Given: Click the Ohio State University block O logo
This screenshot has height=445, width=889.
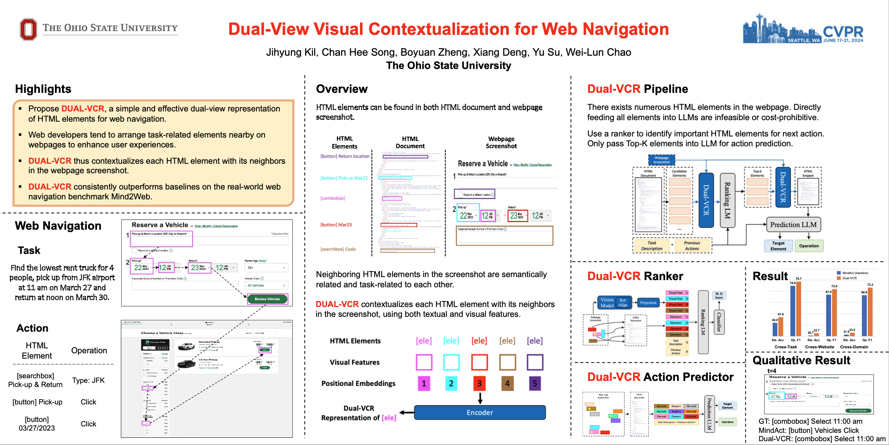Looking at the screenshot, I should [28, 29].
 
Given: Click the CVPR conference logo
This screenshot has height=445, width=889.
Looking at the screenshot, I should [803, 29].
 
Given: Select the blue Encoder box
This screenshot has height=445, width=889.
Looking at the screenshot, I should [480, 412].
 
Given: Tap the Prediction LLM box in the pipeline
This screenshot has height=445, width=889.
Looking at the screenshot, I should [793, 225].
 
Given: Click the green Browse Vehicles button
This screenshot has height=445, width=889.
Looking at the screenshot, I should [267, 299].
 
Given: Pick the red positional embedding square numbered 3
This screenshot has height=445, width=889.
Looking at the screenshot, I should [479, 384].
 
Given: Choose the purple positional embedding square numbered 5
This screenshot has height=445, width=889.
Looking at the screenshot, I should [535, 384].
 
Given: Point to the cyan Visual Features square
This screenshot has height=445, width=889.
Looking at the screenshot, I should [451, 362].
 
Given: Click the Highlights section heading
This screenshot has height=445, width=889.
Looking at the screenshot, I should [43, 89].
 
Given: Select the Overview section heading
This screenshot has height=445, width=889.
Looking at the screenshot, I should [341, 89].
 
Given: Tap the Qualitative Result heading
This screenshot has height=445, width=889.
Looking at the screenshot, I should [801, 360].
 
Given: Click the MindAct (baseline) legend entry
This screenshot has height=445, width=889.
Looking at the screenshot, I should [852, 273].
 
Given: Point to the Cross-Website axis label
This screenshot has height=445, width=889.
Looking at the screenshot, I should [819, 347].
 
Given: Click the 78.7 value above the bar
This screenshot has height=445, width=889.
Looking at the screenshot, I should [798, 279].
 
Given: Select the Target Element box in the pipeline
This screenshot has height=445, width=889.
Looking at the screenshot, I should [778, 246].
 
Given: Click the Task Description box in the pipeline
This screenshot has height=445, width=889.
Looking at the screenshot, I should [651, 246].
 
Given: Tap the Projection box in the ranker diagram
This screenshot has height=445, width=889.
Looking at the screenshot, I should [648, 302].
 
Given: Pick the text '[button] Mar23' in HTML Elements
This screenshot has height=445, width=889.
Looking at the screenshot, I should [336, 225].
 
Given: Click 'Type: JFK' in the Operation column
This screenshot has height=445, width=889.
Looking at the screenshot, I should [88, 380].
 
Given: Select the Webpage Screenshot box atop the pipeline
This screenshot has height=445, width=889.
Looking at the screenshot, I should [661, 160].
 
